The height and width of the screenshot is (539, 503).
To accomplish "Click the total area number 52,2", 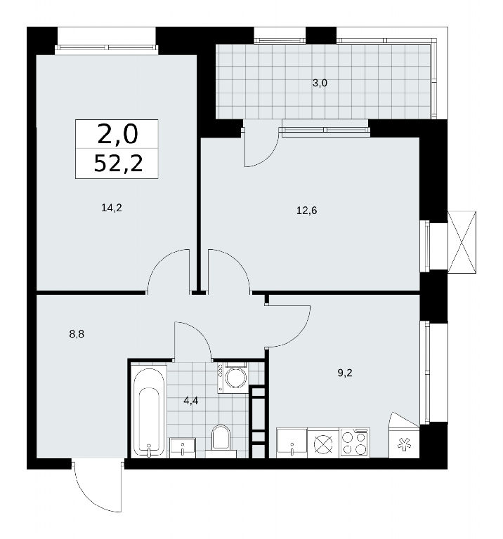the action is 118,163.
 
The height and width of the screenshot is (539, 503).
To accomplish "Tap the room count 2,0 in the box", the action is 117,134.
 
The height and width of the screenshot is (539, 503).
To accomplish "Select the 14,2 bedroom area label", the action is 112,208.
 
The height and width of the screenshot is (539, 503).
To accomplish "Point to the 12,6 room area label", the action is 306,210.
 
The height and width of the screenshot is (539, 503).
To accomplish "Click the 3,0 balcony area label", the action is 320,83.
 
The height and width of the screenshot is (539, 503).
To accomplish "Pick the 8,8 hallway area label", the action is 77,334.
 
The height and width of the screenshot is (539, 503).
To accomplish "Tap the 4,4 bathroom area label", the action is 190,401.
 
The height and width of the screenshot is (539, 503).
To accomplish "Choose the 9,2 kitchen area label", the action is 345,373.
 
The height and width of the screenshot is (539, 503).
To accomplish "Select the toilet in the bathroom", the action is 221,441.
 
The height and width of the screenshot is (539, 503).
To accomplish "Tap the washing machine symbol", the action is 233,378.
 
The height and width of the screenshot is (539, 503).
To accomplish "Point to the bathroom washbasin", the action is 183,448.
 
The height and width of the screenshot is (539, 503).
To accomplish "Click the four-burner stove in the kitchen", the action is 355,443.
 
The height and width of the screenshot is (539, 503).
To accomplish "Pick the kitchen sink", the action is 292,443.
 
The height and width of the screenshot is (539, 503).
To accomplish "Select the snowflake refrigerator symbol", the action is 404,444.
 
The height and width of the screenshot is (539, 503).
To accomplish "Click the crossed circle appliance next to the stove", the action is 323,443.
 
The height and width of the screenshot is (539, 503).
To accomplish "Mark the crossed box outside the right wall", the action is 462,242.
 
